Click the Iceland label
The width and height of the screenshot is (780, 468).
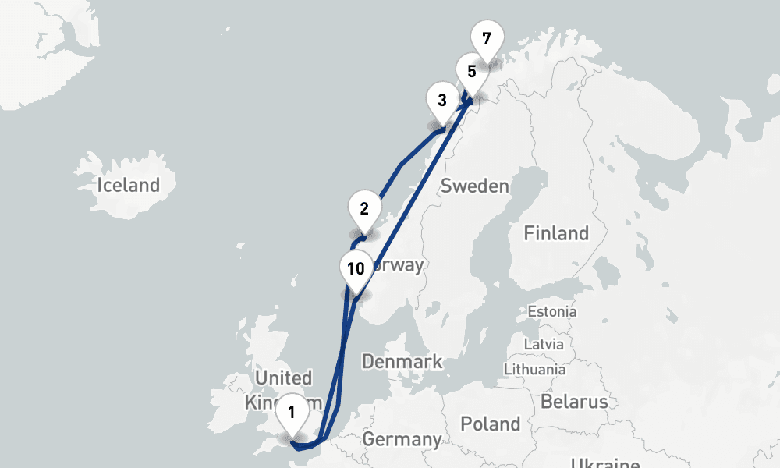tap(128, 186)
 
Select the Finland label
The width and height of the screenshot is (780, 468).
tap(556, 233)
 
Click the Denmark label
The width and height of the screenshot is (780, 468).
tap(402, 362)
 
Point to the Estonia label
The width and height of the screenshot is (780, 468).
tap(552, 311)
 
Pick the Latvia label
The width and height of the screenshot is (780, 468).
tap(544, 343)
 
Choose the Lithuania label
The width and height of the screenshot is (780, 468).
tap(535, 369)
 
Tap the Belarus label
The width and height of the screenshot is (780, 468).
tap(575, 402)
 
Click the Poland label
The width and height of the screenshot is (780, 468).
tap(490, 424)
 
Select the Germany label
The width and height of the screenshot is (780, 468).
tap(401, 439)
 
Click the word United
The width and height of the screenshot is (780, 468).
tap(284, 378)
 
